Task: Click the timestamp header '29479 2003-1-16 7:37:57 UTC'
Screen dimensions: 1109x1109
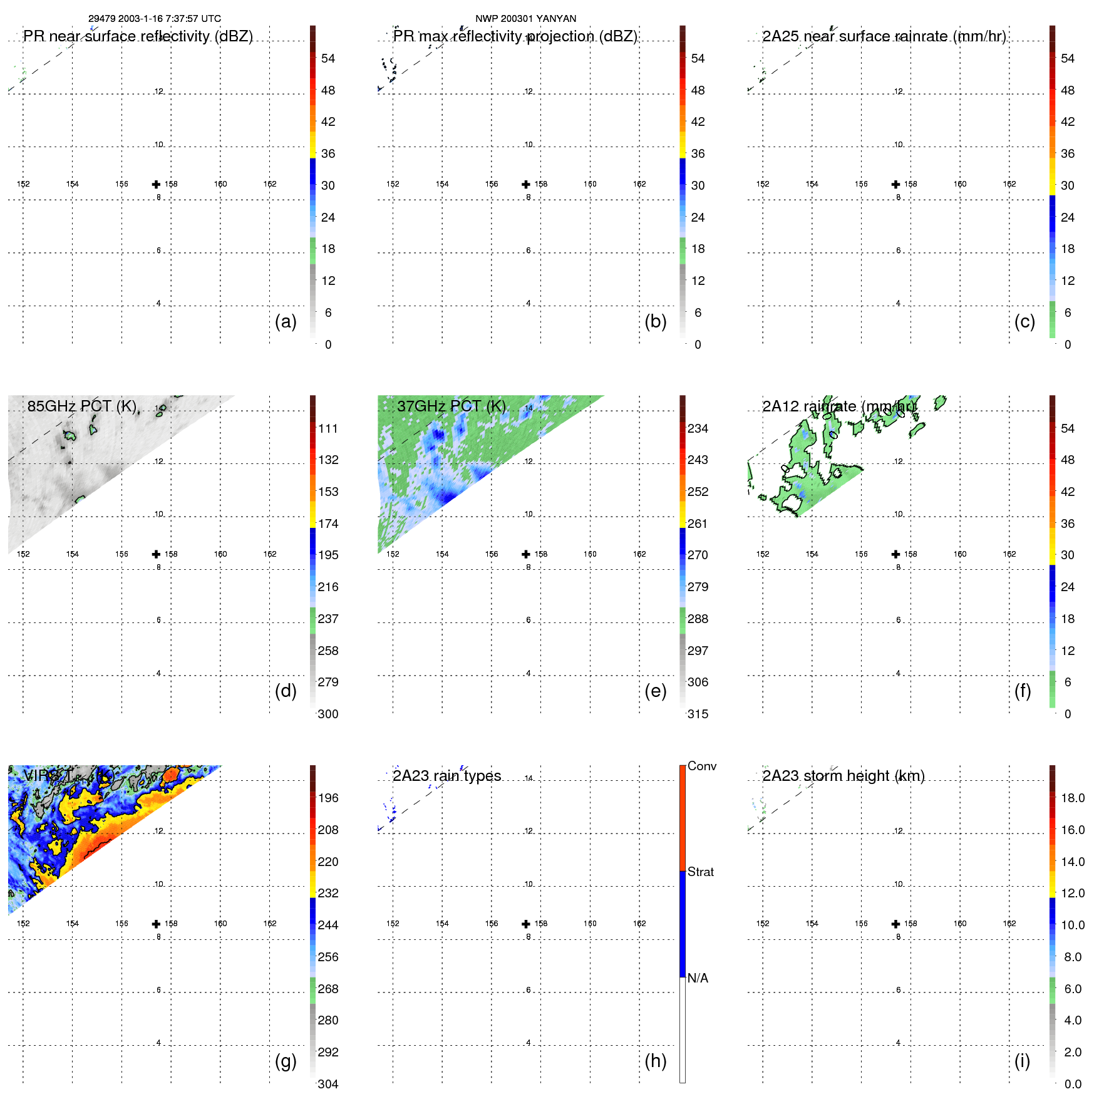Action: point(154,19)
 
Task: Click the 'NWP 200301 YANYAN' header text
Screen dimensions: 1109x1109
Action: point(525,19)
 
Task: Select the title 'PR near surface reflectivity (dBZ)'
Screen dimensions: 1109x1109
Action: point(138,36)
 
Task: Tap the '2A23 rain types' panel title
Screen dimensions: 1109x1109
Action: point(446,776)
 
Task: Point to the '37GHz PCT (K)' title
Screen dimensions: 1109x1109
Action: point(451,406)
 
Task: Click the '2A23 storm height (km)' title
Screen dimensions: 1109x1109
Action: point(843,776)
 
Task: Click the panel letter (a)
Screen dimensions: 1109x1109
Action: point(286,321)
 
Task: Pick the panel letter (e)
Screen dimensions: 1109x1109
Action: point(655,691)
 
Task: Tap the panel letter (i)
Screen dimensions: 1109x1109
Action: point(1022,1061)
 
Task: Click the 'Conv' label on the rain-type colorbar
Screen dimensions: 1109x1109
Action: point(701,766)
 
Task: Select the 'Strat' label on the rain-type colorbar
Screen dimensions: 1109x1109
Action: point(700,872)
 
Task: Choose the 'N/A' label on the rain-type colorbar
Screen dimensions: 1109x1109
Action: point(698,978)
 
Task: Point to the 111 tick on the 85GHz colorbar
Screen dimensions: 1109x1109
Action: point(328,428)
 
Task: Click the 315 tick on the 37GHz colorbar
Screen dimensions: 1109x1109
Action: point(698,714)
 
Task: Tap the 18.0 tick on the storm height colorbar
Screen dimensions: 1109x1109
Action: point(1072,798)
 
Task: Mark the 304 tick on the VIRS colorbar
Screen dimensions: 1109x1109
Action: point(328,1084)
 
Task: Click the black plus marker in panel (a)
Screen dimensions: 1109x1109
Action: point(156,184)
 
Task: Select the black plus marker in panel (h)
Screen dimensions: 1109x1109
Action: point(526,924)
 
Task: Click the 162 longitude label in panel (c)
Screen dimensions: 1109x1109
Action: point(1009,184)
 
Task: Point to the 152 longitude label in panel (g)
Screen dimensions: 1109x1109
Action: point(23,924)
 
